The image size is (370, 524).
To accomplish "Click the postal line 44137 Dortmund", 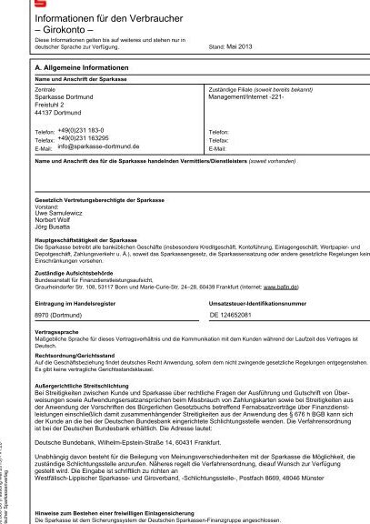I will pos(58,113).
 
